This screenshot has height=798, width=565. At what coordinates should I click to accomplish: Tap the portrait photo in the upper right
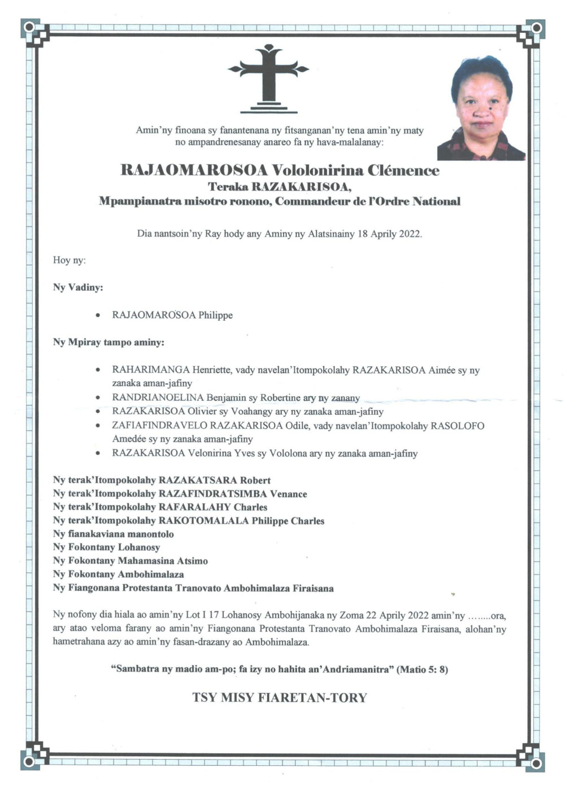click(x=481, y=108)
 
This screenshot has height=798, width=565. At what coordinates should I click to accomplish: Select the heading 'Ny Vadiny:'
click(x=78, y=287)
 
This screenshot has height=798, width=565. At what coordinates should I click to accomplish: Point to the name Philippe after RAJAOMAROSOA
click(x=215, y=315)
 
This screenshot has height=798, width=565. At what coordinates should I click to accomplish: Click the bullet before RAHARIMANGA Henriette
click(x=98, y=370)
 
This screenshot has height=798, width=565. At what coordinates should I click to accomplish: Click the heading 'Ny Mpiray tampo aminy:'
click(x=108, y=343)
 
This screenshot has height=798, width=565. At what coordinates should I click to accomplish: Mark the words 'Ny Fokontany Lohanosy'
click(x=106, y=547)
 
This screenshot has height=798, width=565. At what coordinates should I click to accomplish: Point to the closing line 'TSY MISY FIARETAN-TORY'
click(x=280, y=698)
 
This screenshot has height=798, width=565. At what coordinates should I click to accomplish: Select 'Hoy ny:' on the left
click(x=69, y=260)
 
